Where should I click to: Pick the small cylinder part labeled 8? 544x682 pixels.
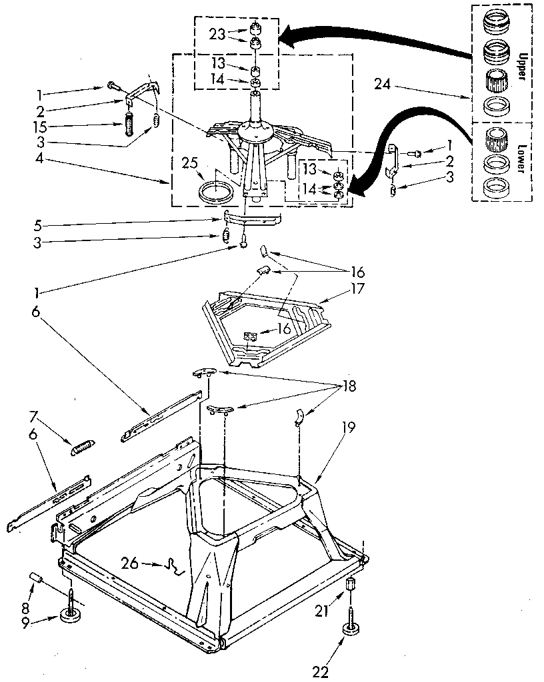click(37, 577)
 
